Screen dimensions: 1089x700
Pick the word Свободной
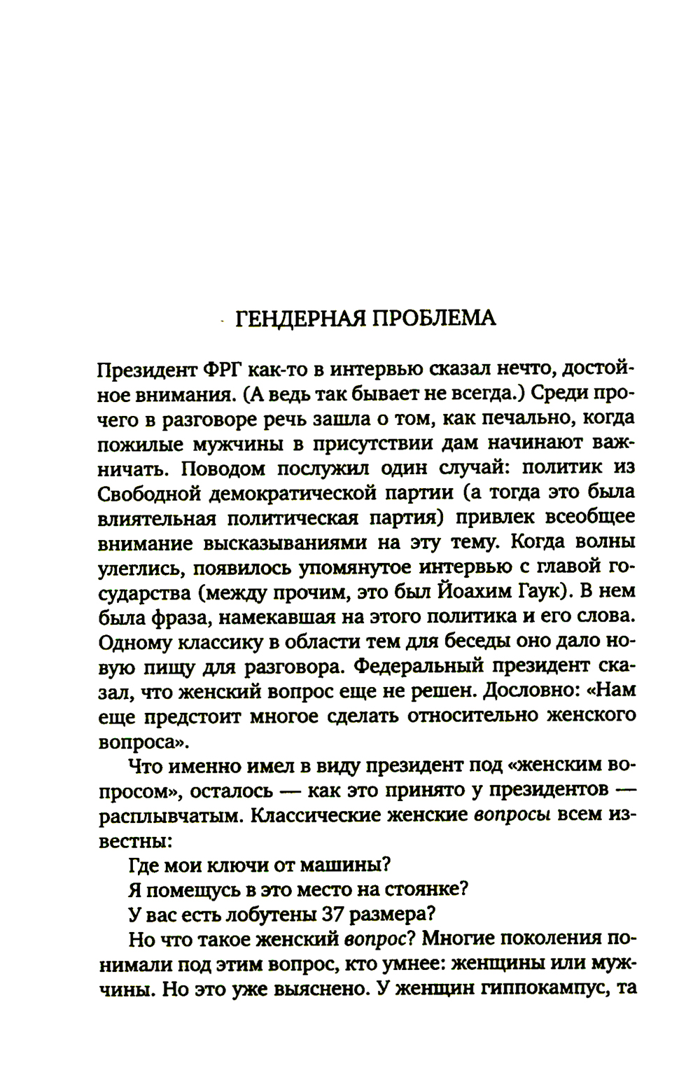(146, 493)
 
